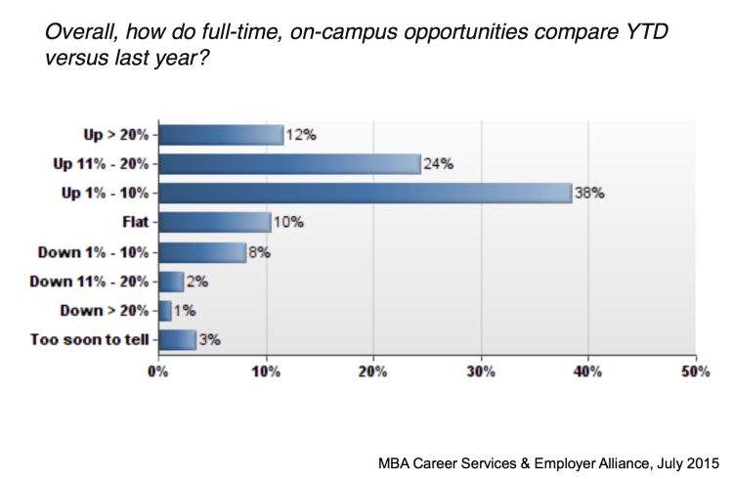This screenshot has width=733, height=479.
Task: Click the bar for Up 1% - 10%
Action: (x=365, y=193)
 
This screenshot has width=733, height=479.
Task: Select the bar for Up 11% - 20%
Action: (x=289, y=163)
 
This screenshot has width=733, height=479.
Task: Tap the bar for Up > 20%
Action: (x=221, y=134)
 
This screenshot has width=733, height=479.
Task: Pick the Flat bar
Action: (x=214, y=222)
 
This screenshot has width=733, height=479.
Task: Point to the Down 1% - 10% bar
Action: (x=202, y=252)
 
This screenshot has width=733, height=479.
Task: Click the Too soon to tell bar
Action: (x=177, y=340)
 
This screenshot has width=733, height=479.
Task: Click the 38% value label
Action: (x=590, y=194)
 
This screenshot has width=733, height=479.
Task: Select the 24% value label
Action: (x=439, y=164)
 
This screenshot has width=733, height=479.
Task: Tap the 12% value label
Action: (x=301, y=135)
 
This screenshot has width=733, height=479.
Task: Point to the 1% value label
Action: (x=186, y=311)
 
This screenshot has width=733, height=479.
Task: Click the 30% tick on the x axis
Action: (x=480, y=371)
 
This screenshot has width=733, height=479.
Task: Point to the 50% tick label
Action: (x=695, y=371)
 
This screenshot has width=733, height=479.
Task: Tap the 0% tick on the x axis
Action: (x=157, y=371)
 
